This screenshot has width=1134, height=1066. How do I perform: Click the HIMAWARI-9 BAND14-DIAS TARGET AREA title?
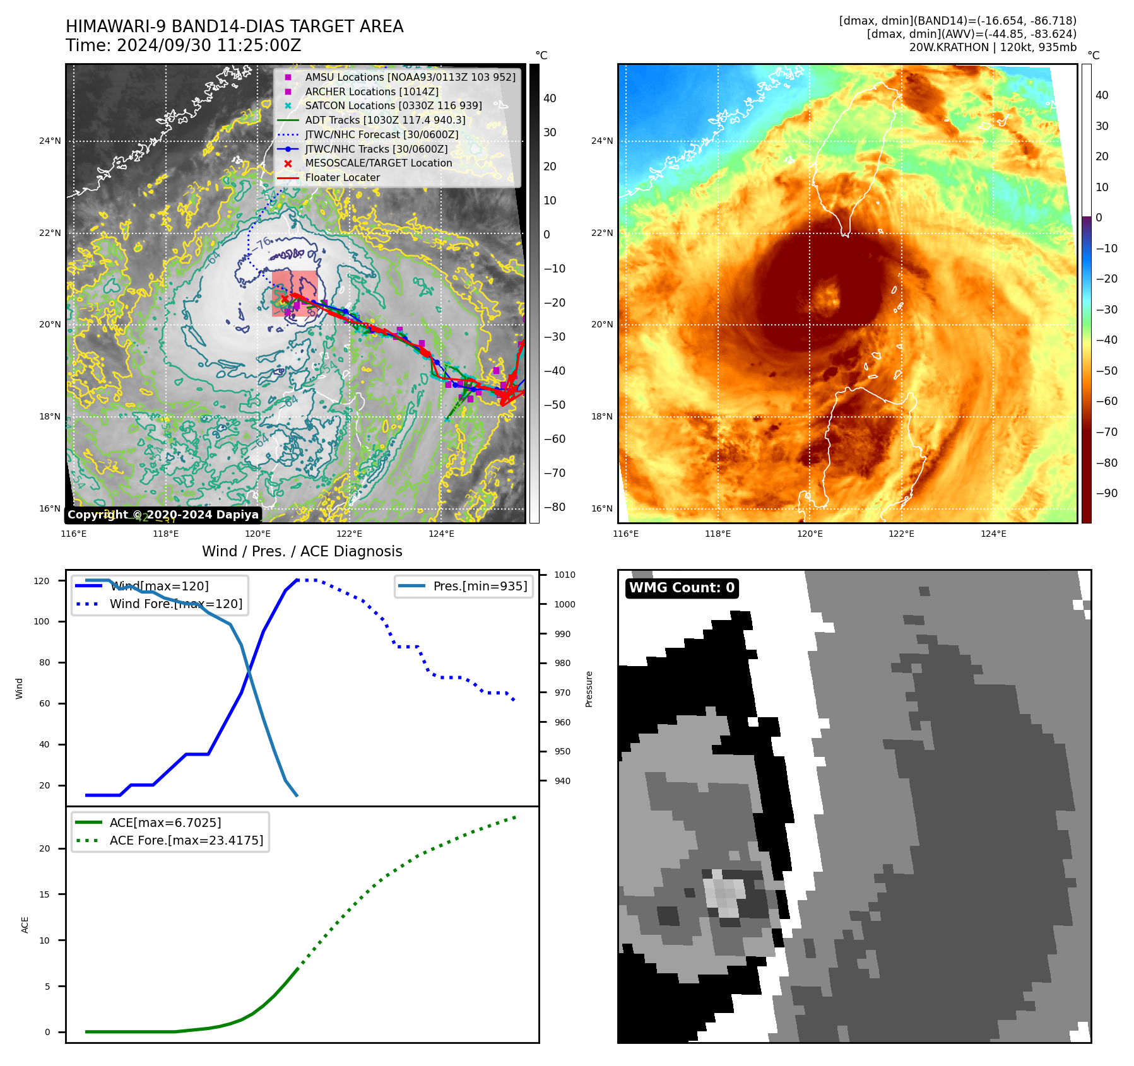(x=234, y=26)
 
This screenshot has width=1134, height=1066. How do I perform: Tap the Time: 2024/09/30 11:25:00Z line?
(x=183, y=46)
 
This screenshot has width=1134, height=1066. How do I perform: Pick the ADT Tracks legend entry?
(x=385, y=120)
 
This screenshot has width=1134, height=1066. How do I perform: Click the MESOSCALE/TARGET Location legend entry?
(x=378, y=163)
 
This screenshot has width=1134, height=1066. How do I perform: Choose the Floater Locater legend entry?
(x=342, y=177)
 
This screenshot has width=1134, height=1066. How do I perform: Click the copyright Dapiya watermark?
(x=163, y=515)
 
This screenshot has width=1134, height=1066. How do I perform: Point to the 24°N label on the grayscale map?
(x=50, y=141)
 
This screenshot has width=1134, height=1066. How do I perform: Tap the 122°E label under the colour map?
(x=901, y=534)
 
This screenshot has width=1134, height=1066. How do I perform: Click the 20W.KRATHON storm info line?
(x=992, y=47)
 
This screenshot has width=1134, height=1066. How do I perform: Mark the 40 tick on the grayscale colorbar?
(x=550, y=98)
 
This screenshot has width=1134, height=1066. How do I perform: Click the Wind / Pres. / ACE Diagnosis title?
(x=302, y=551)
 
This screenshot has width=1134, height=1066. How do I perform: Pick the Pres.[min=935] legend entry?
(x=480, y=586)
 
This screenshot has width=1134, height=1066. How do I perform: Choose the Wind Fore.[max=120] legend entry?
(x=175, y=604)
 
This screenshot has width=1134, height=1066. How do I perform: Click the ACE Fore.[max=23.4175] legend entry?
(x=186, y=840)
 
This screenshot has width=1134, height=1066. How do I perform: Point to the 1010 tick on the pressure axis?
(x=564, y=575)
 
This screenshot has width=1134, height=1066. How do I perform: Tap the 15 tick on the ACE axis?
(x=44, y=894)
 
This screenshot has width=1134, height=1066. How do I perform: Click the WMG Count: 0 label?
(x=682, y=588)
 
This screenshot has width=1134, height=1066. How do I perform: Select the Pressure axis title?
(x=589, y=689)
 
